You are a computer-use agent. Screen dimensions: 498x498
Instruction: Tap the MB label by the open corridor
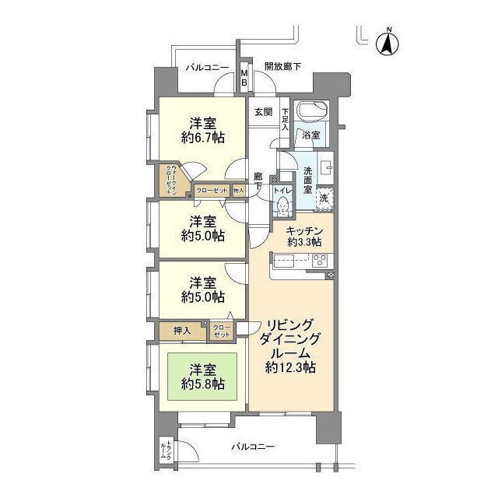(x=244, y=78)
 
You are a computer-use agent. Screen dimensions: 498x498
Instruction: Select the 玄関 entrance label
(x=263, y=111)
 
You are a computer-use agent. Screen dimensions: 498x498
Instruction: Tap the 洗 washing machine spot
(x=325, y=198)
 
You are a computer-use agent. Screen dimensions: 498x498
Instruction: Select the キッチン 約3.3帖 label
(x=300, y=235)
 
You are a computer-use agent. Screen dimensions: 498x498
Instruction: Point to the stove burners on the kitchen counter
(x=320, y=261)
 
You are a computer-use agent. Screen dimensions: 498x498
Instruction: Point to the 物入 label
(x=239, y=190)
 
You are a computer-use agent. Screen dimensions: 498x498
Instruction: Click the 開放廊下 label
(x=282, y=67)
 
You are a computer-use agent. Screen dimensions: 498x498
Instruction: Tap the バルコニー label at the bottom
(x=254, y=447)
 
